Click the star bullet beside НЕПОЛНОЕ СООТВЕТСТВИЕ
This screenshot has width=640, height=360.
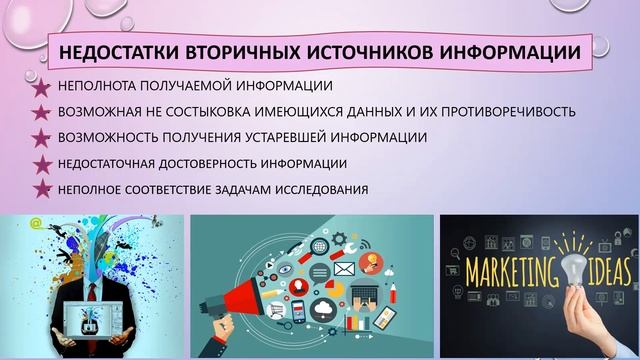coord(43,188)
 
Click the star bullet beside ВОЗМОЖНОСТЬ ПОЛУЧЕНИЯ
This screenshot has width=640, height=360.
coord(43,137)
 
